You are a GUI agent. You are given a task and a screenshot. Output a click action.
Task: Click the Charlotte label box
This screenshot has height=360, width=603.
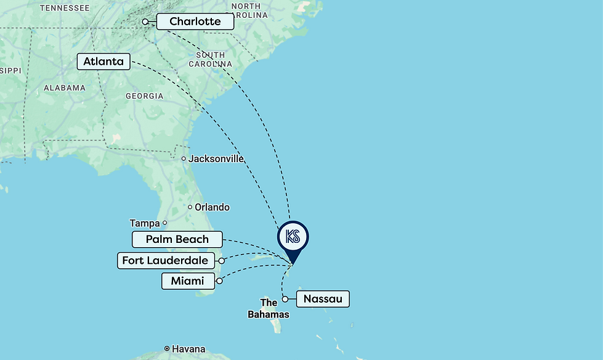pyautogui.click(x=195, y=22)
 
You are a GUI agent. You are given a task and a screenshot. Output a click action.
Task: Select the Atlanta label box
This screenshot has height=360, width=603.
pyautogui.click(x=103, y=62)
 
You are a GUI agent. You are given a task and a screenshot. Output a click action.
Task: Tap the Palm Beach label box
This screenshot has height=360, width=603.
pyautogui.click(x=177, y=239)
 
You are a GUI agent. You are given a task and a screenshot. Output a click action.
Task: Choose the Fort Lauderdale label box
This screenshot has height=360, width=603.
pyautogui.click(x=165, y=260)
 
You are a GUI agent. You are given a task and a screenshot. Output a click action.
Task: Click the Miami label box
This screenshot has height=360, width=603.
pyautogui.click(x=188, y=281)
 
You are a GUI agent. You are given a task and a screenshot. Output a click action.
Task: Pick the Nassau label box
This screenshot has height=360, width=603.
pyautogui.click(x=323, y=300)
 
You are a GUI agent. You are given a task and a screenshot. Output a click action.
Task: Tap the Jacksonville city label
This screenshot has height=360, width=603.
pyautogui.click(x=216, y=158)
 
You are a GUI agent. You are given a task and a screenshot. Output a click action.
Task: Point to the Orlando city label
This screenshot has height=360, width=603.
pyautogui.click(x=212, y=207)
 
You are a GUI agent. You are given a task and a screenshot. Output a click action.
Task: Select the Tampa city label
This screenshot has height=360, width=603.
pyautogui.click(x=144, y=223)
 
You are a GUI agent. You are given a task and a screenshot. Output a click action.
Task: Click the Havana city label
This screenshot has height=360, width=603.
pyautogui.click(x=188, y=349)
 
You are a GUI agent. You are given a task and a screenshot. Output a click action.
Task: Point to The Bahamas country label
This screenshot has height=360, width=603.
pyautogui.click(x=269, y=308)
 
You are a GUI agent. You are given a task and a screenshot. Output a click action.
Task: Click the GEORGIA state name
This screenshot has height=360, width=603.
pyautogui.click(x=144, y=96)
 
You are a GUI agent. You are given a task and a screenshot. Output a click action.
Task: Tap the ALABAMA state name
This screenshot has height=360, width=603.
pyautogui.click(x=65, y=88)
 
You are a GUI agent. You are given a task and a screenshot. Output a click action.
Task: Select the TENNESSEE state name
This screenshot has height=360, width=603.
pyautogui.click(x=64, y=8)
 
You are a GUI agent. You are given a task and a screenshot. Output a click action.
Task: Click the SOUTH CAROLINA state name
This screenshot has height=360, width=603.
pyautogui.click(x=210, y=59)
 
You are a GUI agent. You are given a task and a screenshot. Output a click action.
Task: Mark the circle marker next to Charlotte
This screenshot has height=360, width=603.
pyautogui.click(x=145, y=22)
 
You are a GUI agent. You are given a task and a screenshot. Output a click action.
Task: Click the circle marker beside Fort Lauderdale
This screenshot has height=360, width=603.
pyautogui.click(x=222, y=261)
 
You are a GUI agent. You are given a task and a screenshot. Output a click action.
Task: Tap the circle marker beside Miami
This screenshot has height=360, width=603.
pyautogui.click(x=219, y=281)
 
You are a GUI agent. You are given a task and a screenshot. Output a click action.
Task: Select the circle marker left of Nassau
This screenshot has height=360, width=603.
pyautogui.click(x=285, y=300)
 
